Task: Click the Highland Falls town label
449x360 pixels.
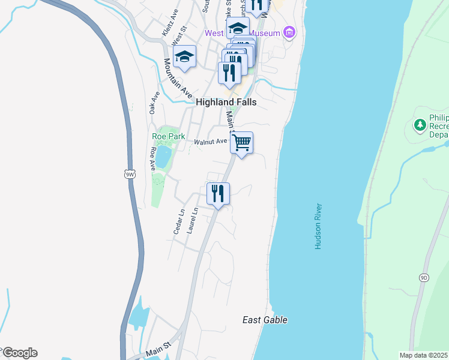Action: pos(226,103)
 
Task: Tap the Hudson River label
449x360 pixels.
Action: pos(318,226)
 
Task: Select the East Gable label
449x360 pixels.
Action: pos(265,320)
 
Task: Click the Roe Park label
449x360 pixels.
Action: pos(168,136)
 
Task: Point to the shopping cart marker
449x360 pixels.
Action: pos(241,143)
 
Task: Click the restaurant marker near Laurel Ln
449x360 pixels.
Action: pos(217,194)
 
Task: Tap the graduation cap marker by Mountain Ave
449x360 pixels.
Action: pos(184,57)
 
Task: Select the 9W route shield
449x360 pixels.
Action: pos(130,175)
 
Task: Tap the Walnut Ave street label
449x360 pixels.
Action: pos(210,142)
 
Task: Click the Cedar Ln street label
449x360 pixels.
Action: pos(178,221)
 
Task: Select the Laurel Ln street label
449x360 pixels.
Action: pos(193,220)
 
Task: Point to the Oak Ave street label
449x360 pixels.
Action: pos(154,103)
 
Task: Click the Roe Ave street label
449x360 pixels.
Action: pos(153,157)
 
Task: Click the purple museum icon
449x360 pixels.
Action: pos(290,31)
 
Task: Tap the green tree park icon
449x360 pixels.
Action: pos(420,125)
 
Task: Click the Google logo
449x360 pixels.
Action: pos(20,353)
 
